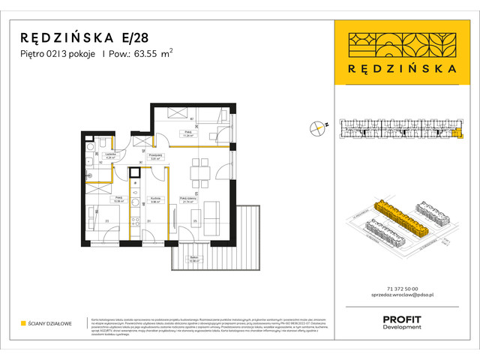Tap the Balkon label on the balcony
click(x=193, y=259)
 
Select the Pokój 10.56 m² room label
click(x=97, y=199)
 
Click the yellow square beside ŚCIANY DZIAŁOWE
click(x=24, y=323)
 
